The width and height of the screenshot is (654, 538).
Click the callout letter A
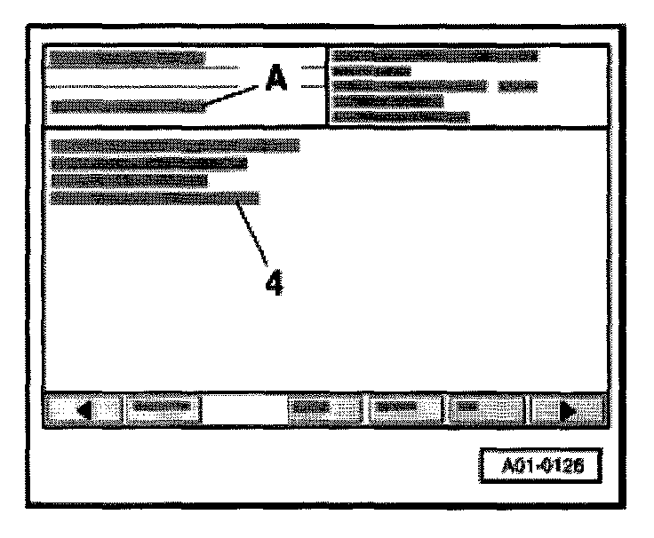[275, 83]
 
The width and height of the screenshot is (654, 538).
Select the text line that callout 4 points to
[155, 198]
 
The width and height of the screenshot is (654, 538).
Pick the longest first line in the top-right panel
[435, 56]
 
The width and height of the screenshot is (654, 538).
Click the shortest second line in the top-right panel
[371, 71]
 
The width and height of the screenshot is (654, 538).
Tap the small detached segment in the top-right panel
[518, 86]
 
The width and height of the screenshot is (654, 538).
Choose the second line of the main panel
[148, 162]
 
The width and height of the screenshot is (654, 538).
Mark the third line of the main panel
[129, 180]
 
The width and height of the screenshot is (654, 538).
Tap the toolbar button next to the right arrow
[487, 408]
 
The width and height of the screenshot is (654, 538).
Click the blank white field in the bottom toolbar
[244, 408]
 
